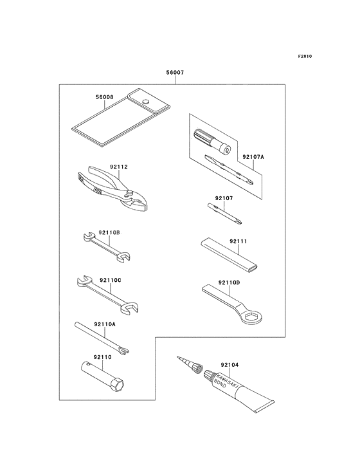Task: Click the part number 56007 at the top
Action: tap(175, 73)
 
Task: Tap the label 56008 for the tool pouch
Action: tap(105, 97)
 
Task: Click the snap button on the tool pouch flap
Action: tap(146, 101)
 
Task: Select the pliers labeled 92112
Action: tap(112, 189)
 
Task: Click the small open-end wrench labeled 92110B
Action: tap(107, 246)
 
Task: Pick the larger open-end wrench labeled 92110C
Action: tap(107, 295)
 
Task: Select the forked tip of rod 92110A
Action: tap(124, 350)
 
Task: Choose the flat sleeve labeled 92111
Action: tap(229, 254)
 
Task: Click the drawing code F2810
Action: tap(305, 56)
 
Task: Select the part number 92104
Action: tap(230, 365)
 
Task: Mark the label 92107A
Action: tap(253, 156)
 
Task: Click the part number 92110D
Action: tap(230, 282)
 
